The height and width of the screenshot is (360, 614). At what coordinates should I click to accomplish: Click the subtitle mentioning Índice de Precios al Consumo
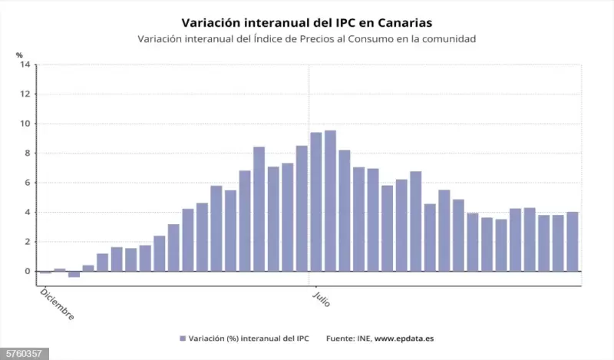pos(306,38)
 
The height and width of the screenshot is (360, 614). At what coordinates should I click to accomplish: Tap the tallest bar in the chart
pos(330,201)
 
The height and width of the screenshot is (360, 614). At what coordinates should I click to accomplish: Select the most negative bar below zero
pos(74,274)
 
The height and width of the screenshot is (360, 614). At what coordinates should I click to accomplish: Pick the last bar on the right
pos(572,241)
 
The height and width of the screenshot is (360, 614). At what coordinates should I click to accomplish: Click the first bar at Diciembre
pos(45,272)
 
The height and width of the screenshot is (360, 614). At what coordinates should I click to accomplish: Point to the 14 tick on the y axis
pos(25,64)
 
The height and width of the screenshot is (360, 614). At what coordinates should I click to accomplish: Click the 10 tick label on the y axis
pos(25,124)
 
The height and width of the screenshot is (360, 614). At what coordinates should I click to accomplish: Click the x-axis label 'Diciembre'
pos(57,304)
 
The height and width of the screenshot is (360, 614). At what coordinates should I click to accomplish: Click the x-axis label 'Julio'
pos(321,298)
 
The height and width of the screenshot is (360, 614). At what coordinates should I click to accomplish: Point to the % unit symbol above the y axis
pos(20,54)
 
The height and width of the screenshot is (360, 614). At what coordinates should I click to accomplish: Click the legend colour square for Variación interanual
pos(183,339)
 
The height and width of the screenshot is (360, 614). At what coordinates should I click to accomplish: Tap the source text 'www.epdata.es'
pos(405,339)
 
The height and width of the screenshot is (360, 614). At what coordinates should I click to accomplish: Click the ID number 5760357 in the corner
pos(23,354)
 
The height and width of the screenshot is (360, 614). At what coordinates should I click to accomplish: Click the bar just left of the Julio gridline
pos(302,208)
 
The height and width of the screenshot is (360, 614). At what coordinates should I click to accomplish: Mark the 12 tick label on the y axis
pos(25,94)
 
